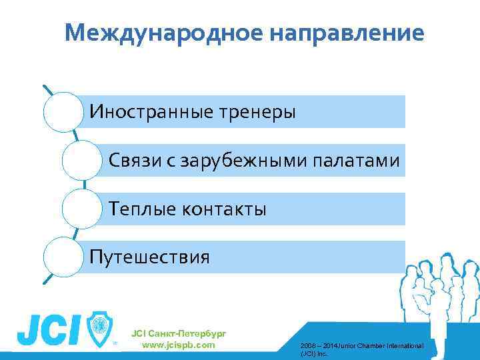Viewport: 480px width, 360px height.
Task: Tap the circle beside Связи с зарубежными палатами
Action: (83, 160)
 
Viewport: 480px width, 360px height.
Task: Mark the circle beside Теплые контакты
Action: (83, 209)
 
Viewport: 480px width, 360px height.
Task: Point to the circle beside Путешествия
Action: (64, 257)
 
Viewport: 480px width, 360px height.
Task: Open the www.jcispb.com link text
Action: (179, 345)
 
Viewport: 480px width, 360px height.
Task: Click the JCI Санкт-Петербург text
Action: (179, 333)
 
